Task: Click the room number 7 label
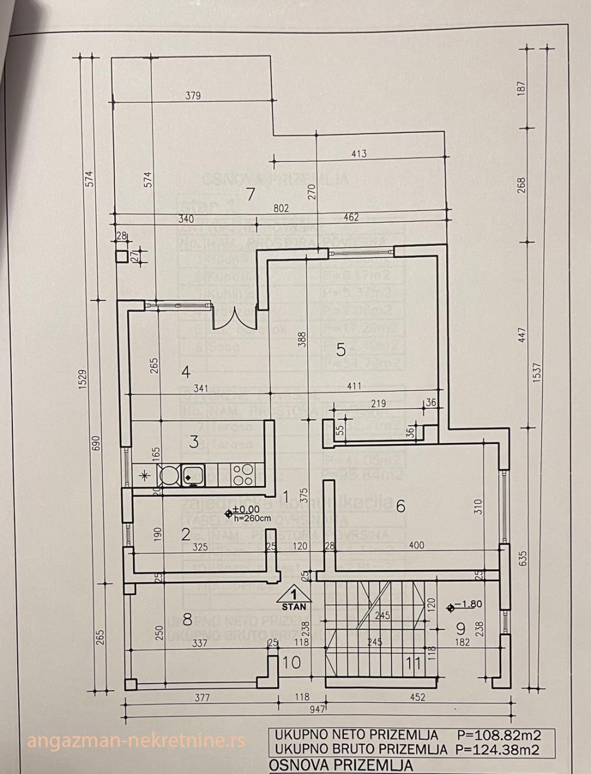(251, 195)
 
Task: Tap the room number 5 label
(340, 349)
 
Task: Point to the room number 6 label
(401, 506)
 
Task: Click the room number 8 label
(187, 620)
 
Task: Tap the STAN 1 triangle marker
(294, 598)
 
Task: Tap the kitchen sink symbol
(193, 473)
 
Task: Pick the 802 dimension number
(281, 208)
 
